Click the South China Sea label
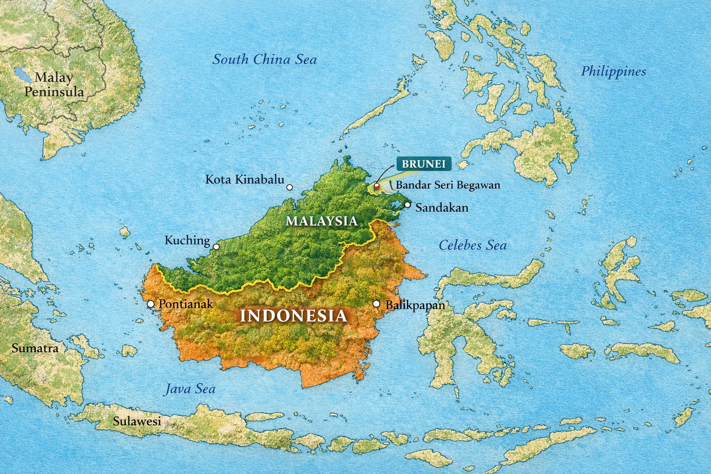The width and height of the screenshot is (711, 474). (264, 60)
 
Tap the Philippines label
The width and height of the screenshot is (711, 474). (613, 72)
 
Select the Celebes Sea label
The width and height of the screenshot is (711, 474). (472, 245)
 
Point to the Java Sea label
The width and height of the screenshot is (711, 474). (190, 389)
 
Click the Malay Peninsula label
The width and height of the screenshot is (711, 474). (54, 85)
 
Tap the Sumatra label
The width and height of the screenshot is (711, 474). (35, 348)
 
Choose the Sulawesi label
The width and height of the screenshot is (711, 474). (137, 421)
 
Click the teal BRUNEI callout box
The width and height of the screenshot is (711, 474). (424, 164)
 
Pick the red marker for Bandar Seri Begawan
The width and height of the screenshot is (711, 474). (377, 186)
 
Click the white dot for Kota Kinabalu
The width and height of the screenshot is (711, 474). (290, 187)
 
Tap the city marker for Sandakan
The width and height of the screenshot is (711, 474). (407, 205)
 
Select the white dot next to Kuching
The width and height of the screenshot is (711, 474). (216, 247)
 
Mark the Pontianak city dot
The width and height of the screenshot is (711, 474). (150, 304)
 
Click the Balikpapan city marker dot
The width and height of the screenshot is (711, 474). (376, 304)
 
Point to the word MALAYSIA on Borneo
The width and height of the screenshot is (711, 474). (322, 221)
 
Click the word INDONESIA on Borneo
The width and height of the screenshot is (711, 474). (293, 316)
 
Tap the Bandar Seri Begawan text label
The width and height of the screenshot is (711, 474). (448, 185)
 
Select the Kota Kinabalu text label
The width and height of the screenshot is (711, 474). (244, 180)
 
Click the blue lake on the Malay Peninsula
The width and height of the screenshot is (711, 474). (21, 74)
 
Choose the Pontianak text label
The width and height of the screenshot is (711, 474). (186, 304)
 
